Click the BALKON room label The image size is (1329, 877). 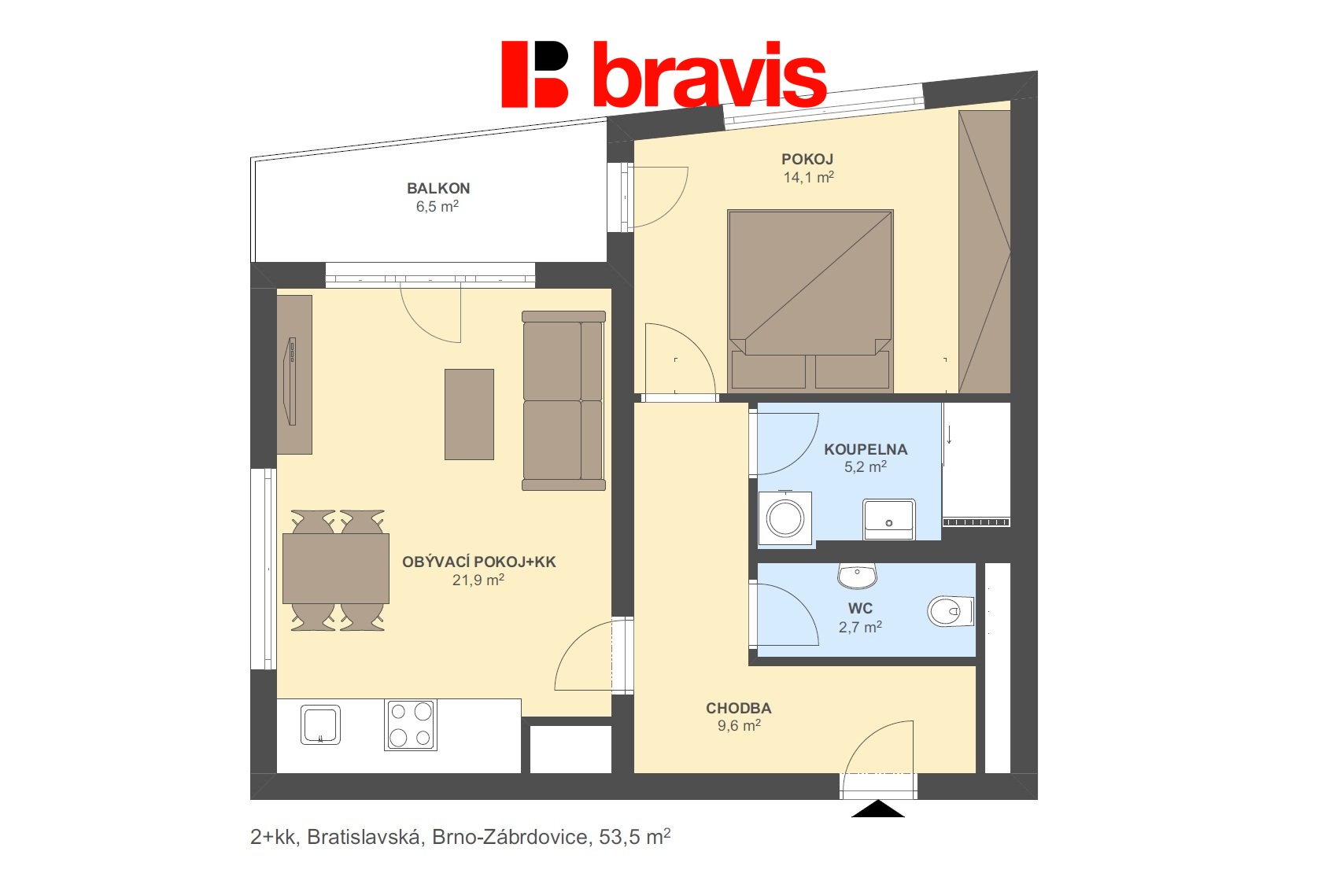[438, 189]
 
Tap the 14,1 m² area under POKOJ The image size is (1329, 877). [808, 178]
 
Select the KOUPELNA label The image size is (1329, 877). [866, 450]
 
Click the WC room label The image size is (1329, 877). [860, 609]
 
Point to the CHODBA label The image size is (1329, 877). [738, 709]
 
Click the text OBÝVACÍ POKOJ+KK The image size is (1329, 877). [478, 562]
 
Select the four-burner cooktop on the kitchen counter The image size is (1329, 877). [410, 724]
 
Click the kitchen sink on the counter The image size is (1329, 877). [320, 724]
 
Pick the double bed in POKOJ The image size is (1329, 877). [810, 299]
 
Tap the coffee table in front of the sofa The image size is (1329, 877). [469, 415]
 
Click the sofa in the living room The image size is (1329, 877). [563, 400]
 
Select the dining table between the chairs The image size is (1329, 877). [336, 569]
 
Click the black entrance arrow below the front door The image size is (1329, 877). [878, 810]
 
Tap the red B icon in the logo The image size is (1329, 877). [535, 75]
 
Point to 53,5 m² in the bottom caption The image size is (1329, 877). [634, 837]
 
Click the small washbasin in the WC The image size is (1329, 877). [857, 575]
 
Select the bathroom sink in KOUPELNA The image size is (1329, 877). [888, 518]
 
